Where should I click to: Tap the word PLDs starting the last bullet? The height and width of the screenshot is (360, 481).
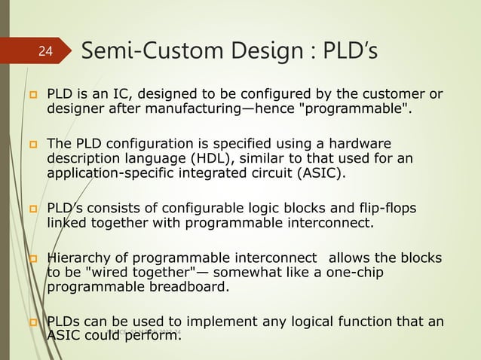[x=65, y=322]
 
